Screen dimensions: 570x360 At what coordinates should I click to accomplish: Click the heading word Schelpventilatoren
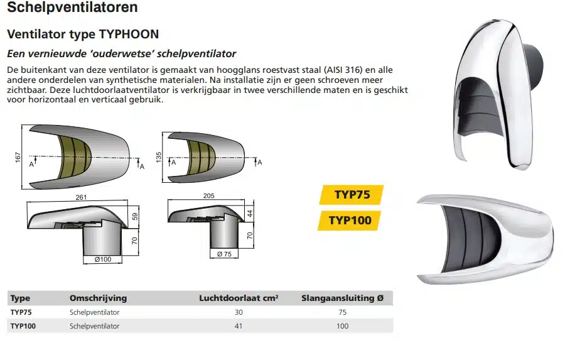click(x=72, y=7)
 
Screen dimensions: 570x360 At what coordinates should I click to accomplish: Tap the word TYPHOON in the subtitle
click(x=129, y=34)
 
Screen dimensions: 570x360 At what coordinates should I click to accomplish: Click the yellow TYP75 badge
click(x=352, y=195)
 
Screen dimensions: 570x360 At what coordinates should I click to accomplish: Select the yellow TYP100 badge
click(x=350, y=221)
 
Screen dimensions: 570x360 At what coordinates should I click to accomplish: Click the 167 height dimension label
click(x=18, y=157)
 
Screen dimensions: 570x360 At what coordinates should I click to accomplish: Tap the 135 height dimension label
click(x=158, y=157)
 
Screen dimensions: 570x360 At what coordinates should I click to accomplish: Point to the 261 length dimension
click(x=81, y=197)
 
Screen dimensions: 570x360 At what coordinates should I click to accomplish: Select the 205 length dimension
click(x=208, y=195)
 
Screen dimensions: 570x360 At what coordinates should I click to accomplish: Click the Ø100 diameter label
click(x=103, y=259)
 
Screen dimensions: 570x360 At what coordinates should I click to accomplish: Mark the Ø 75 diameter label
click(x=224, y=254)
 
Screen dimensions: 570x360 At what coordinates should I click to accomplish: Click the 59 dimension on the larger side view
click(x=135, y=217)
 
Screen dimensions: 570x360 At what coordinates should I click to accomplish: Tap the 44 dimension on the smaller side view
click(x=250, y=214)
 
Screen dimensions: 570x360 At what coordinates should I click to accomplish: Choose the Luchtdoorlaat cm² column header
click(x=239, y=298)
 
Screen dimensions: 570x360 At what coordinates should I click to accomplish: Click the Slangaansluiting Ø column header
click(x=342, y=298)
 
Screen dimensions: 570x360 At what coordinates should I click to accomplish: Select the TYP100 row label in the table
click(x=23, y=326)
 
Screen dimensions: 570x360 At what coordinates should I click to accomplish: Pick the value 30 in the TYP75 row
click(x=239, y=312)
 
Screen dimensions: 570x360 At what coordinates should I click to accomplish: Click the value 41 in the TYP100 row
click(x=239, y=326)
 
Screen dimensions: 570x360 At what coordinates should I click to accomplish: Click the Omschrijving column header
click(x=98, y=298)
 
